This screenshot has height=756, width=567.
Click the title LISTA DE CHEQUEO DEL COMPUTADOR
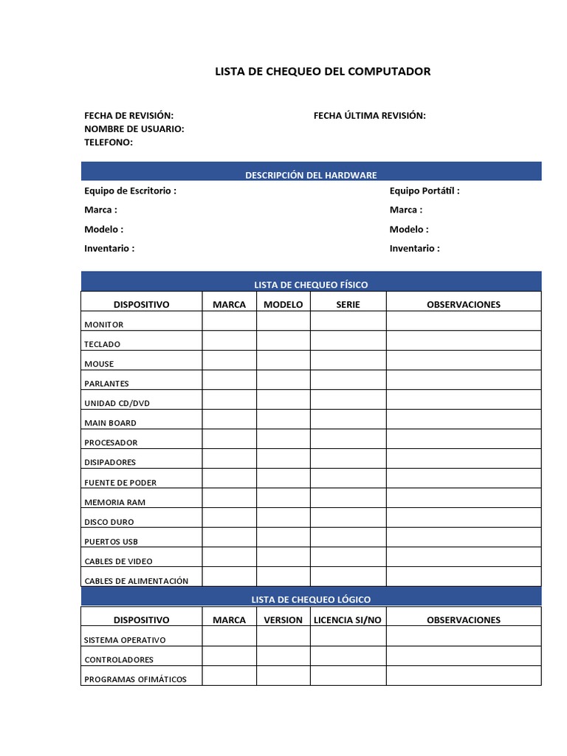[x=322, y=72]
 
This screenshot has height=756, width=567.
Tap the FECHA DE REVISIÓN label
[x=128, y=115]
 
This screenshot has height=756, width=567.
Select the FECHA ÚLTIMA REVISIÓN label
[x=369, y=115]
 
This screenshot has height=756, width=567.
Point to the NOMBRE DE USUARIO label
[x=134, y=128]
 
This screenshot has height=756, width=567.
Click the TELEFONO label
[x=109, y=142]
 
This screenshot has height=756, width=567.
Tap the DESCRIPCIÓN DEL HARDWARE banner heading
[x=311, y=175]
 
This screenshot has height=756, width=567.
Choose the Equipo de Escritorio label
[x=130, y=190]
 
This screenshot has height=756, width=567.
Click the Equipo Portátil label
[x=425, y=190]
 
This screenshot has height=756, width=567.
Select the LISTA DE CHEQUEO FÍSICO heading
[x=311, y=284]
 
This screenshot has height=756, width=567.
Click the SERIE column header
[x=348, y=304]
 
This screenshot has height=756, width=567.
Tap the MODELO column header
[x=283, y=304]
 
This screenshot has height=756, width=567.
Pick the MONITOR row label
[x=104, y=325]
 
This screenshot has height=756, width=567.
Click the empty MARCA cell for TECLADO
[x=230, y=341]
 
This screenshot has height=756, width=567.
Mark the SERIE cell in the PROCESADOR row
[x=348, y=440]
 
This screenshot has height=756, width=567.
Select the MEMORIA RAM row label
[x=115, y=502]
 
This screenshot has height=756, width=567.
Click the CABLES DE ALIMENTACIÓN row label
[x=137, y=581]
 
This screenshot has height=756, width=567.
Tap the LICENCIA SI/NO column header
[x=348, y=619]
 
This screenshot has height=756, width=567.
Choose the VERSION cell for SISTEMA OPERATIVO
[x=283, y=636]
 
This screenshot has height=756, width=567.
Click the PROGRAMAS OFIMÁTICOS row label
[x=136, y=679]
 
